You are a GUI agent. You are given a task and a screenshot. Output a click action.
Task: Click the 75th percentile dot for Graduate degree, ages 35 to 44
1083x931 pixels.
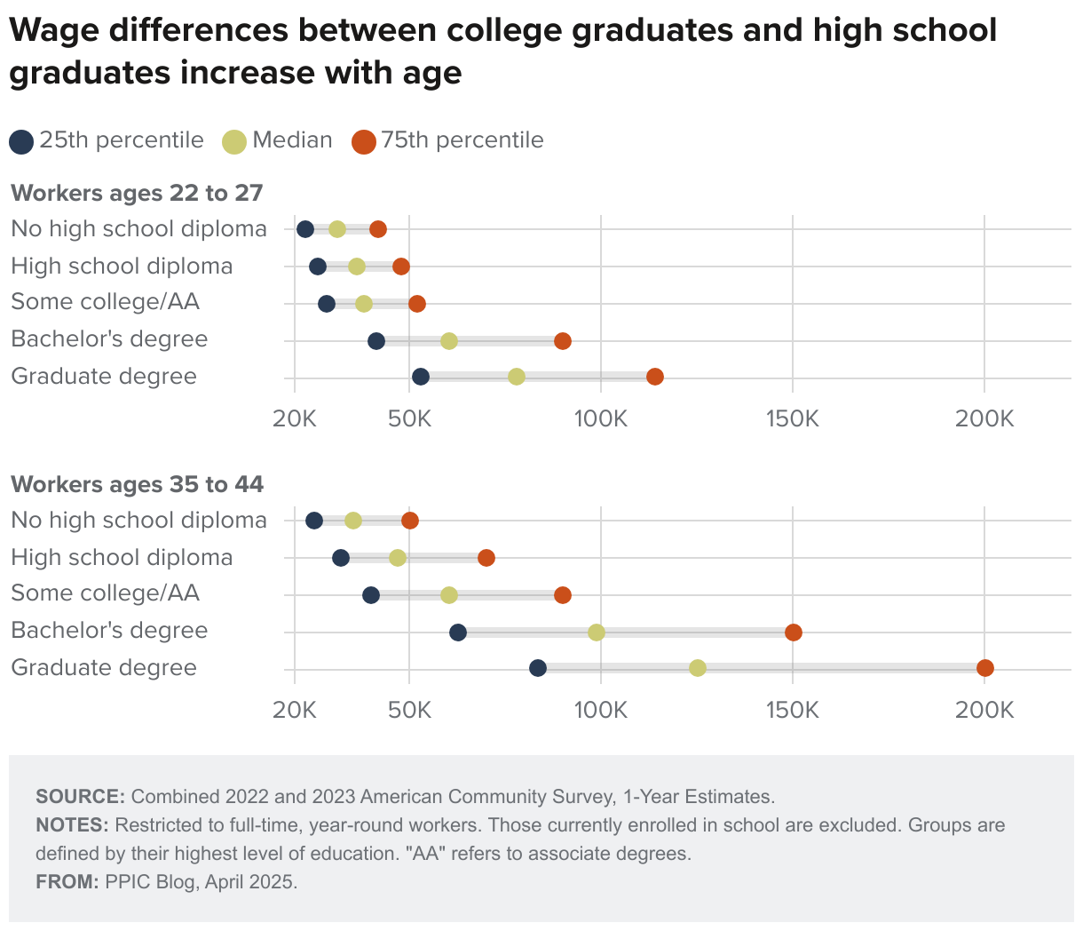(984, 668)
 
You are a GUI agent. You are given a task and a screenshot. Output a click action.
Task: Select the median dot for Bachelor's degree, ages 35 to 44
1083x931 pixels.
(597, 633)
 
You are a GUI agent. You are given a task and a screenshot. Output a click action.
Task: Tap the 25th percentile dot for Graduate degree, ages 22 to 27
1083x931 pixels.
(421, 377)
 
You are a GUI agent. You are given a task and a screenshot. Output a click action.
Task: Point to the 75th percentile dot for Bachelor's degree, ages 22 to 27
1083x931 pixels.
(563, 341)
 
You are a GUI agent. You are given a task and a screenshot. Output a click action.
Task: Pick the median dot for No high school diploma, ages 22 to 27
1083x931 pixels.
(337, 229)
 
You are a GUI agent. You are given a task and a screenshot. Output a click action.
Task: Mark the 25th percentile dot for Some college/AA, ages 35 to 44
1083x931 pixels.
(371, 595)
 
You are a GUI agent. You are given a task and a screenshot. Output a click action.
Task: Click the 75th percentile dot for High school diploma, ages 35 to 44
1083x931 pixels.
(486, 558)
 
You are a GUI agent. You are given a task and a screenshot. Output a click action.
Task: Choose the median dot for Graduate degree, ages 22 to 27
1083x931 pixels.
(517, 377)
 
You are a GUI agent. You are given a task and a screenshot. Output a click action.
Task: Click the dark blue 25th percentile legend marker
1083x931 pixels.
(21, 141)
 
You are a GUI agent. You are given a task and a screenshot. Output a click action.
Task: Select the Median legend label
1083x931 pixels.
(292, 140)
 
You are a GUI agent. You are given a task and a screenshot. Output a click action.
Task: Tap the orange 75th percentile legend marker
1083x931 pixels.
(364, 141)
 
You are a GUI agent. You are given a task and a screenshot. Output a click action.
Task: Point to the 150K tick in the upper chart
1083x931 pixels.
(793, 418)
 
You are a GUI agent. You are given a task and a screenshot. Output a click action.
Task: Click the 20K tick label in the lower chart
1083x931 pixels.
(294, 710)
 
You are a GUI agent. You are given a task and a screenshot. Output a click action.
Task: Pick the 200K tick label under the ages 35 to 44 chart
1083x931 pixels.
(984, 710)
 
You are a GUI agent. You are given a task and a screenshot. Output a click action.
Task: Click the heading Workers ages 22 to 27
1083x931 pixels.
(137, 193)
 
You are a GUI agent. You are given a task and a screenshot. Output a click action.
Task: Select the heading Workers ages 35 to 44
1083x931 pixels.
(137, 484)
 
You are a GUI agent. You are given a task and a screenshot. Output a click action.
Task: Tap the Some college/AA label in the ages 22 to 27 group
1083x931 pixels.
(105, 302)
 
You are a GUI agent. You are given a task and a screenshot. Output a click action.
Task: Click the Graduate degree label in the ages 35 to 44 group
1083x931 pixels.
(104, 668)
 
